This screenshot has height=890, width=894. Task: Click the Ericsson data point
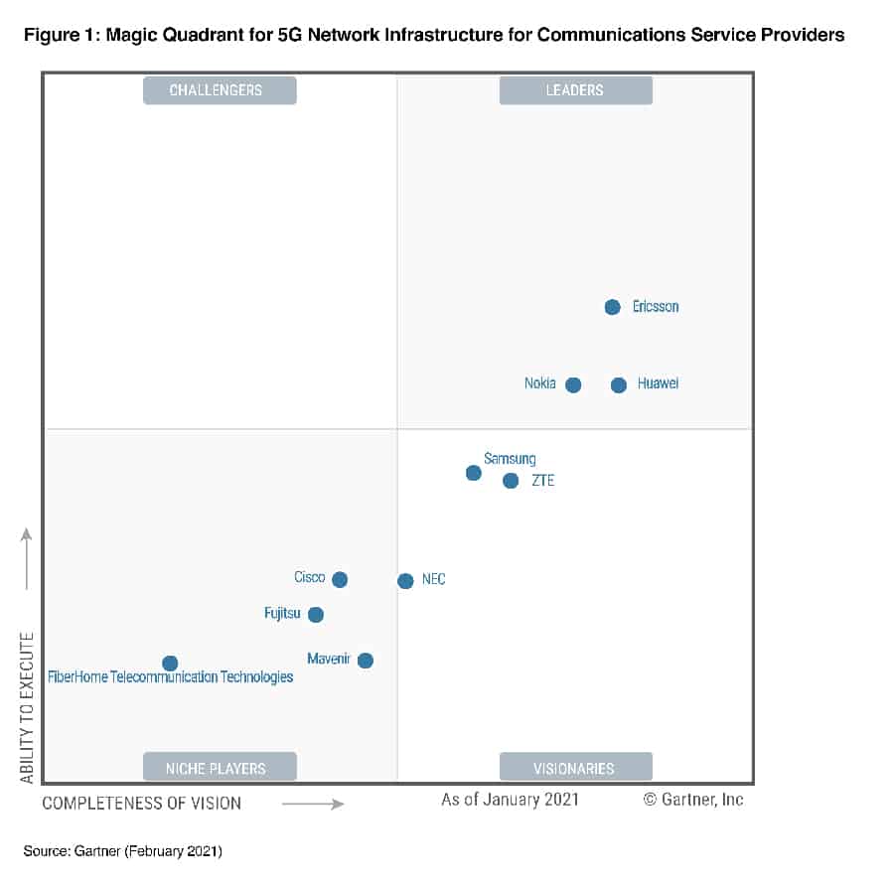click(x=613, y=307)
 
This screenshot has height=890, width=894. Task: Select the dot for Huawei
click(x=619, y=384)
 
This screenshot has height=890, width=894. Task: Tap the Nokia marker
click(x=573, y=384)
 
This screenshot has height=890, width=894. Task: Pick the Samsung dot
click(x=474, y=472)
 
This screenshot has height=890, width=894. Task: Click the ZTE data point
click(x=511, y=481)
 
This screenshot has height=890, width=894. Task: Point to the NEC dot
click(x=405, y=581)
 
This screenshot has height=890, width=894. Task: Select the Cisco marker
click(x=340, y=579)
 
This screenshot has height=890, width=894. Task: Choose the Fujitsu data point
click(x=316, y=615)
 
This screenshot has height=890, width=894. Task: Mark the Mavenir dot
click(x=366, y=661)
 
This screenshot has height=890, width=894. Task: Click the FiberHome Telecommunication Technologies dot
click(x=170, y=663)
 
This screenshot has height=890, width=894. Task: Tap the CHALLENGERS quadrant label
click(x=220, y=90)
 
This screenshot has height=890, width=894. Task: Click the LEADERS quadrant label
click(x=575, y=90)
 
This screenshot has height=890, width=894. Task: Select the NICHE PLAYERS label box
click(x=220, y=768)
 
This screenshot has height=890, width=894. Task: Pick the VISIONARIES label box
click(x=575, y=768)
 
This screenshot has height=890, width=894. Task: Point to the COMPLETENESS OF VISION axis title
click(x=141, y=803)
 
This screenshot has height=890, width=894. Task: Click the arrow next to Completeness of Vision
click(x=313, y=803)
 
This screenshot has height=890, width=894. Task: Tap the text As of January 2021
click(x=510, y=799)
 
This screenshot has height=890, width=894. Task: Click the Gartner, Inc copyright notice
click(x=693, y=799)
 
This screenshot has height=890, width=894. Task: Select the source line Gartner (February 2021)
click(x=123, y=851)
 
